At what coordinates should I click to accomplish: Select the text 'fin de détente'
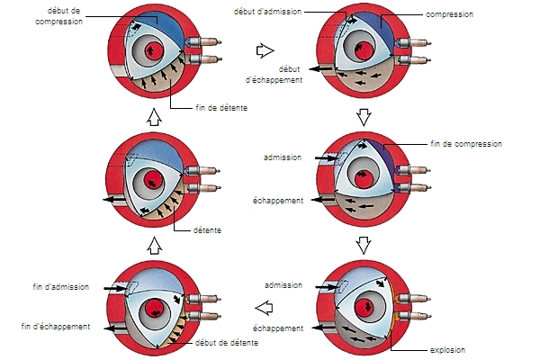coord(221,108)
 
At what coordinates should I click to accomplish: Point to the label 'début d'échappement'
coord(280,74)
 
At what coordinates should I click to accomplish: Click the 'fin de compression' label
coord(464,143)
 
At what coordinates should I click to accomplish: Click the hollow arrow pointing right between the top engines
coord(265,51)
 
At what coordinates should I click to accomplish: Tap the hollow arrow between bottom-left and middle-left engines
coord(152,244)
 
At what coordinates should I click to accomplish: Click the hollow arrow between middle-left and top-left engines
coord(152,116)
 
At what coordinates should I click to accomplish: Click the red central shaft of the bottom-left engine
coord(158,307)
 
